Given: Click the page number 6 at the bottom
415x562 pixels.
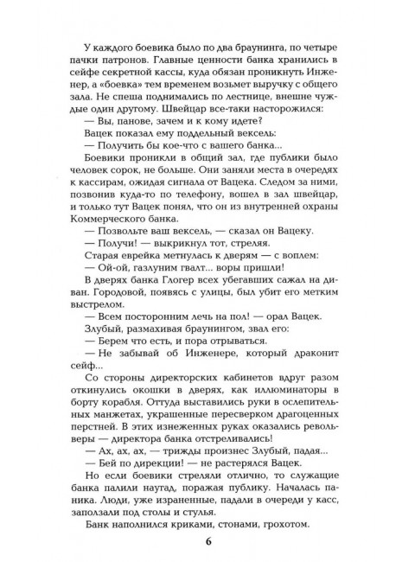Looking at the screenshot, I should click(x=207, y=542).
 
